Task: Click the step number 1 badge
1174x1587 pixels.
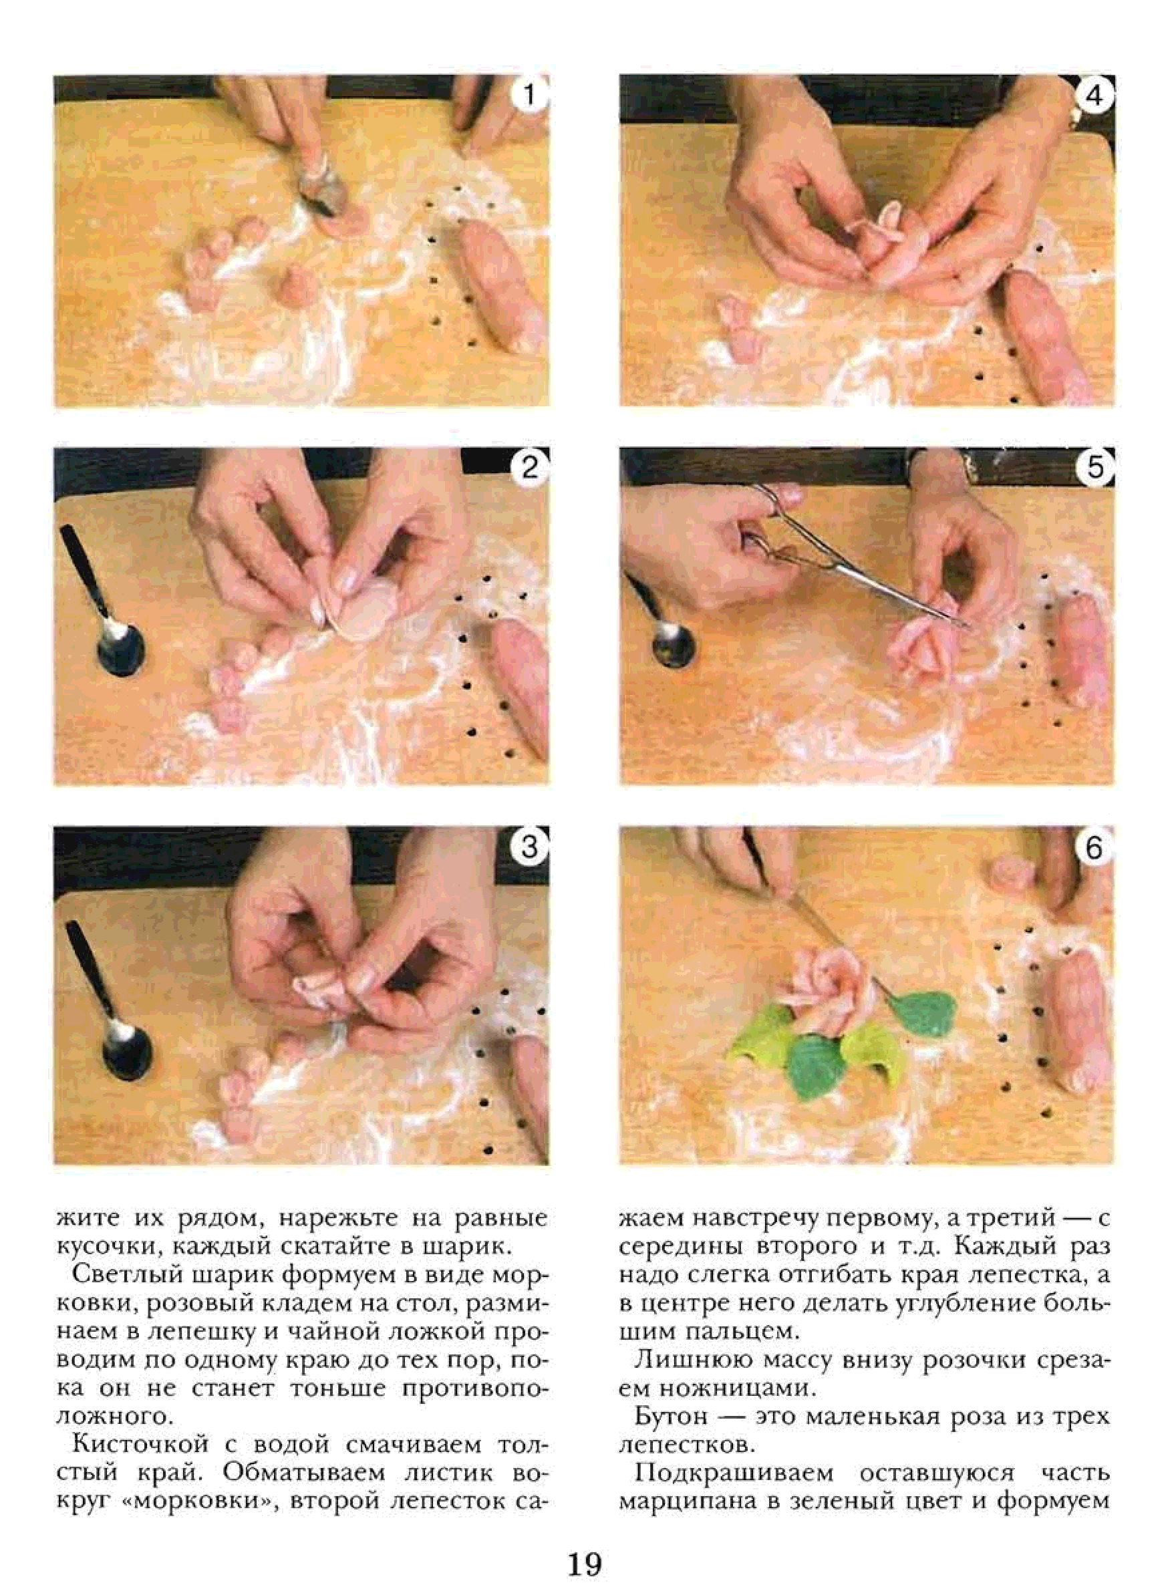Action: click(529, 96)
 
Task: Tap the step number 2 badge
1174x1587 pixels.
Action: click(529, 468)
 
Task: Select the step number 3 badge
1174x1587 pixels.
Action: click(529, 847)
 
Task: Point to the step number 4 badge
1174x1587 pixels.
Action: click(1094, 96)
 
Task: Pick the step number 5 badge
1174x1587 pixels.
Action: click(1094, 468)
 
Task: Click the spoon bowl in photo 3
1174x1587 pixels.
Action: click(127, 1054)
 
